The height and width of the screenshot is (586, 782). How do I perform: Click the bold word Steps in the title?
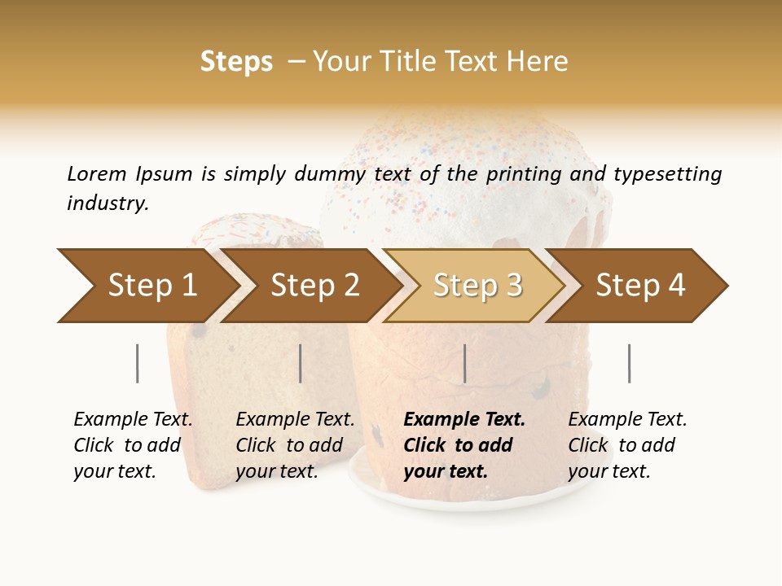click(x=236, y=62)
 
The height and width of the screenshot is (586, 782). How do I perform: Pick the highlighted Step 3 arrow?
click(x=477, y=286)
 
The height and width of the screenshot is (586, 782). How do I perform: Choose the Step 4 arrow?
click(x=639, y=286)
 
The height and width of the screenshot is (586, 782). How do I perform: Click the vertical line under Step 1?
click(x=138, y=363)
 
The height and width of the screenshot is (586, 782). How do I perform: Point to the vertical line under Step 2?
click(x=301, y=363)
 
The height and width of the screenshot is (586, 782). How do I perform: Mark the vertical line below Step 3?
click(x=464, y=363)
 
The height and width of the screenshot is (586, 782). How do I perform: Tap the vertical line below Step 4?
click(x=629, y=363)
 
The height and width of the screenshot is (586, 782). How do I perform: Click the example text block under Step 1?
click(x=132, y=445)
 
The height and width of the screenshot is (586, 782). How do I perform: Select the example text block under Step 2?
click(x=294, y=445)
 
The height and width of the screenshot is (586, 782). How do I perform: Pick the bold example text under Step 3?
click(x=463, y=445)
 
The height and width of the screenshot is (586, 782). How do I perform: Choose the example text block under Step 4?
click(x=626, y=445)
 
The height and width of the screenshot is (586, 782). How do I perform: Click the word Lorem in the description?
click(x=97, y=173)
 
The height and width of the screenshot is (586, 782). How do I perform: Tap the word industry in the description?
click(x=108, y=203)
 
